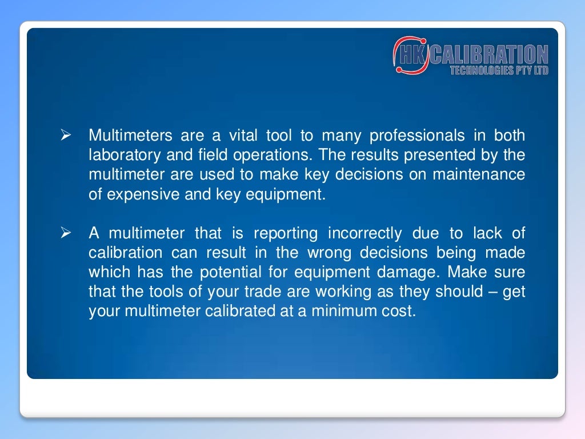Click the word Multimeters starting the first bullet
click(130, 136)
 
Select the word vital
click(243, 136)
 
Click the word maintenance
click(478, 175)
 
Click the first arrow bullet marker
click(65, 137)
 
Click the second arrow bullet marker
click(65, 234)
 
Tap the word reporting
click(286, 233)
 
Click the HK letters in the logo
click(411, 55)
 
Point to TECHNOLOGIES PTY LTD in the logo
click(499, 70)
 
